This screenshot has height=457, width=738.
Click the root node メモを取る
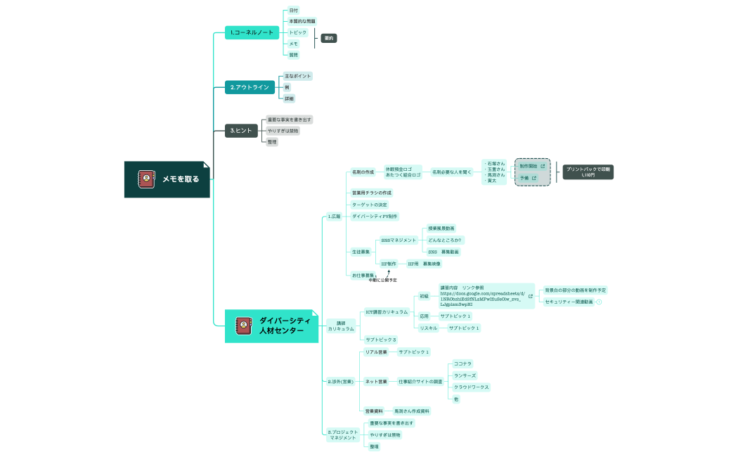pyautogui.click(x=167, y=179)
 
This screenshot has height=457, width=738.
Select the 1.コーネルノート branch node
pyautogui.click(x=252, y=32)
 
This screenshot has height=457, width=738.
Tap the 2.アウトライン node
pyautogui.click(x=250, y=87)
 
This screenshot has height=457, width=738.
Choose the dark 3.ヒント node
pyautogui.click(x=241, y=130)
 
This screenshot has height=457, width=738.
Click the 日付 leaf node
pyautogui.click(x=294, y=11)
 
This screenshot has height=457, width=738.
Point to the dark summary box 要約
pyautogui.click(x=328, y=38)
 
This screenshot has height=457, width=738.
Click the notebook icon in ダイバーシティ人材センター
pyautogui.click(x=243, y=325)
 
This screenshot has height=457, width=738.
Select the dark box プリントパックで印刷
pyautogui.click(x=588, y=172)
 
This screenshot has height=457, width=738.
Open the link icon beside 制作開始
pyautogui.click(x=543, y=166)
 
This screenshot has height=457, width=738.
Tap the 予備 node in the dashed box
pyautogui.click(x=524, y=179)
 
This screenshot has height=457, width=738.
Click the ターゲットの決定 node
pyautogui.click(x=369, y=205)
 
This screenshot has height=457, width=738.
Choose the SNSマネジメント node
pyautogui.click(x=398, y=240)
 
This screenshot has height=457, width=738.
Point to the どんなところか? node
pyautogui.click(x=446, y=240)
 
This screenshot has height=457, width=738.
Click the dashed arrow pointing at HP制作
pyautogui.click(x=389, y=272)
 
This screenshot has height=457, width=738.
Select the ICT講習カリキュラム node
pyautogui.click(x=386, y=311)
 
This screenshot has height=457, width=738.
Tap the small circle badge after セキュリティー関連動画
pyautogui.click(x=599, y=302)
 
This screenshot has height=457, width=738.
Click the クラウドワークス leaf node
pyautogui.click(x=470, y=387)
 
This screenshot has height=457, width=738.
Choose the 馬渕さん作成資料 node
pyautogui.click(x=411, y=411)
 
